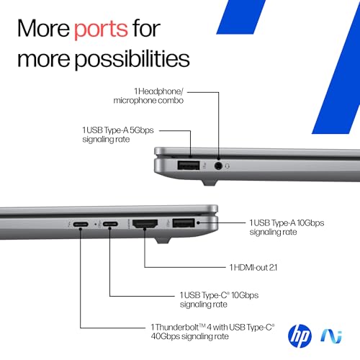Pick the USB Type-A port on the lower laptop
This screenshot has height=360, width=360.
183,222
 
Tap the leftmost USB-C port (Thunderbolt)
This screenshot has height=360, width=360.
81,224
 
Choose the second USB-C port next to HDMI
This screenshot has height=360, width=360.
109,224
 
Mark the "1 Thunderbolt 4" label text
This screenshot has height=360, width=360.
217,331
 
